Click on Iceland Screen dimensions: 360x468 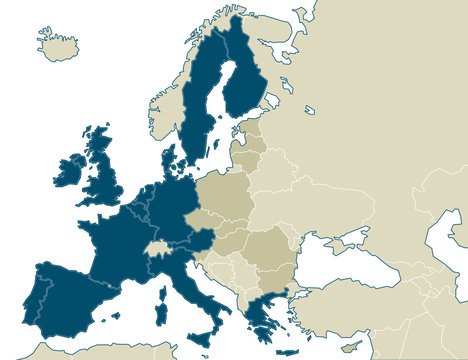tap(58, 44)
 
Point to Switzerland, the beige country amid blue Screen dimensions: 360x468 tap(157, 245)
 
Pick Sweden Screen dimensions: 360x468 tap(200, 110)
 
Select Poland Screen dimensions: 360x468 tap(225, 196)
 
